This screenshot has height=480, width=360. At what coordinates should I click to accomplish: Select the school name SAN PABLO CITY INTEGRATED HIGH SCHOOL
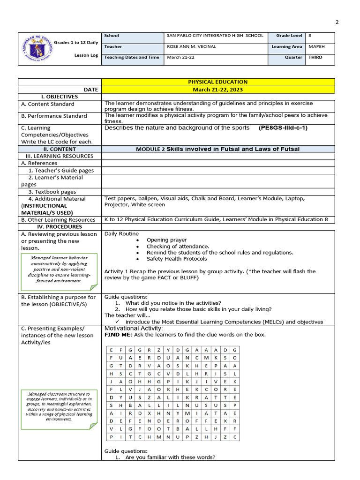tap(215, 36)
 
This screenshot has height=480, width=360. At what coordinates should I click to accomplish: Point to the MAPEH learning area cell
tap(316, 47)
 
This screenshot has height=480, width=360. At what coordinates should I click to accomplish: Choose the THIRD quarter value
tap(315, 58)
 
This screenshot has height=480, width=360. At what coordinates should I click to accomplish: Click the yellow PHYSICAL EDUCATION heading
tap(218, 82)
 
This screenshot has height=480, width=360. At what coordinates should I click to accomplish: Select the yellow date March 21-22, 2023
tap(218, 90)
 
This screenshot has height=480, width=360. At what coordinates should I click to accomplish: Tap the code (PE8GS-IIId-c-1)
tap(283, 127)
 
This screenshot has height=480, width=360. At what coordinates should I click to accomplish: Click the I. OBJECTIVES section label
tap(59, 97)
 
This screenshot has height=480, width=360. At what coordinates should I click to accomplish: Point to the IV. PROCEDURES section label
tap(59, 227)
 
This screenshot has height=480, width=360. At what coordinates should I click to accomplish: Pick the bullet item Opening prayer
tap(166, 240)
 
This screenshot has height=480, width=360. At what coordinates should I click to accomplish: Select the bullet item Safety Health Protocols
tap(176, 259)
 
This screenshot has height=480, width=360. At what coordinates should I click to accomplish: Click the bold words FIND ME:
tap(118, 335)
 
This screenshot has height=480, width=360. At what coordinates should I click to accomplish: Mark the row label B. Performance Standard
tap(54, 116)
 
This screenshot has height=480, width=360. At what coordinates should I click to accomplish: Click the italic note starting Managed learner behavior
tap(59, 269)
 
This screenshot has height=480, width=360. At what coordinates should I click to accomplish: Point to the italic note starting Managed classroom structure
tap(59, 406)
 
